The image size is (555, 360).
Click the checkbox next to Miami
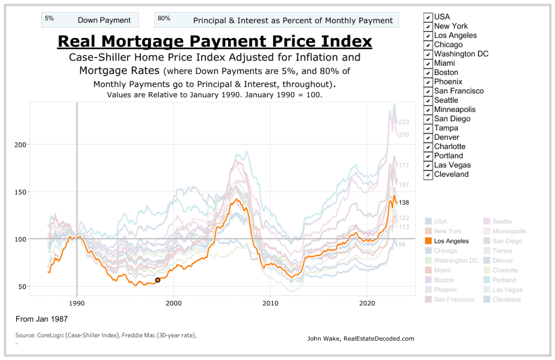[428, 63]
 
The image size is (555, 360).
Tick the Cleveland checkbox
[428, 174]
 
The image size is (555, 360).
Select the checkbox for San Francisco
[428, 91]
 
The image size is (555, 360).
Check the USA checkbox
[428, 17]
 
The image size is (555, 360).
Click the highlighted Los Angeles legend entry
[451, 241]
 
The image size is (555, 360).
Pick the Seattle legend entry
[502, 222]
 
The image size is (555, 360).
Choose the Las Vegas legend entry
[504, 290]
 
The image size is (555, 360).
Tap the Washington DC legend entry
[456, 261]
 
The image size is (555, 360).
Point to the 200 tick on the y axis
[20, 145]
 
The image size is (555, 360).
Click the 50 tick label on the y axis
[22, 286]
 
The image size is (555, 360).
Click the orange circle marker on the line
[158, 280]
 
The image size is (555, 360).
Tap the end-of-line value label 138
[404, 203]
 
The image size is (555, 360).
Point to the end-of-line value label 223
[404, 122]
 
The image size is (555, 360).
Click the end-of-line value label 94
[402, 244]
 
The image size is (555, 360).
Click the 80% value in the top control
[164, 19]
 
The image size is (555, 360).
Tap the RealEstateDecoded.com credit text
[361, 339]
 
